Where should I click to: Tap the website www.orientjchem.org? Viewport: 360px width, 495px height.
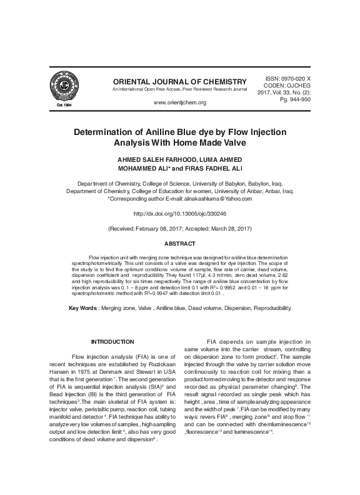click(x=180, y=101)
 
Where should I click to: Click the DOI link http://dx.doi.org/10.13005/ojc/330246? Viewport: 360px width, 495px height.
click(x=180, y=213)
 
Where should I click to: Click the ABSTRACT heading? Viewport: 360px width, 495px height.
click(x=180, y=244)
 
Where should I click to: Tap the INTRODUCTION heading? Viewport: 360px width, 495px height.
click(x=113, y=341)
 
